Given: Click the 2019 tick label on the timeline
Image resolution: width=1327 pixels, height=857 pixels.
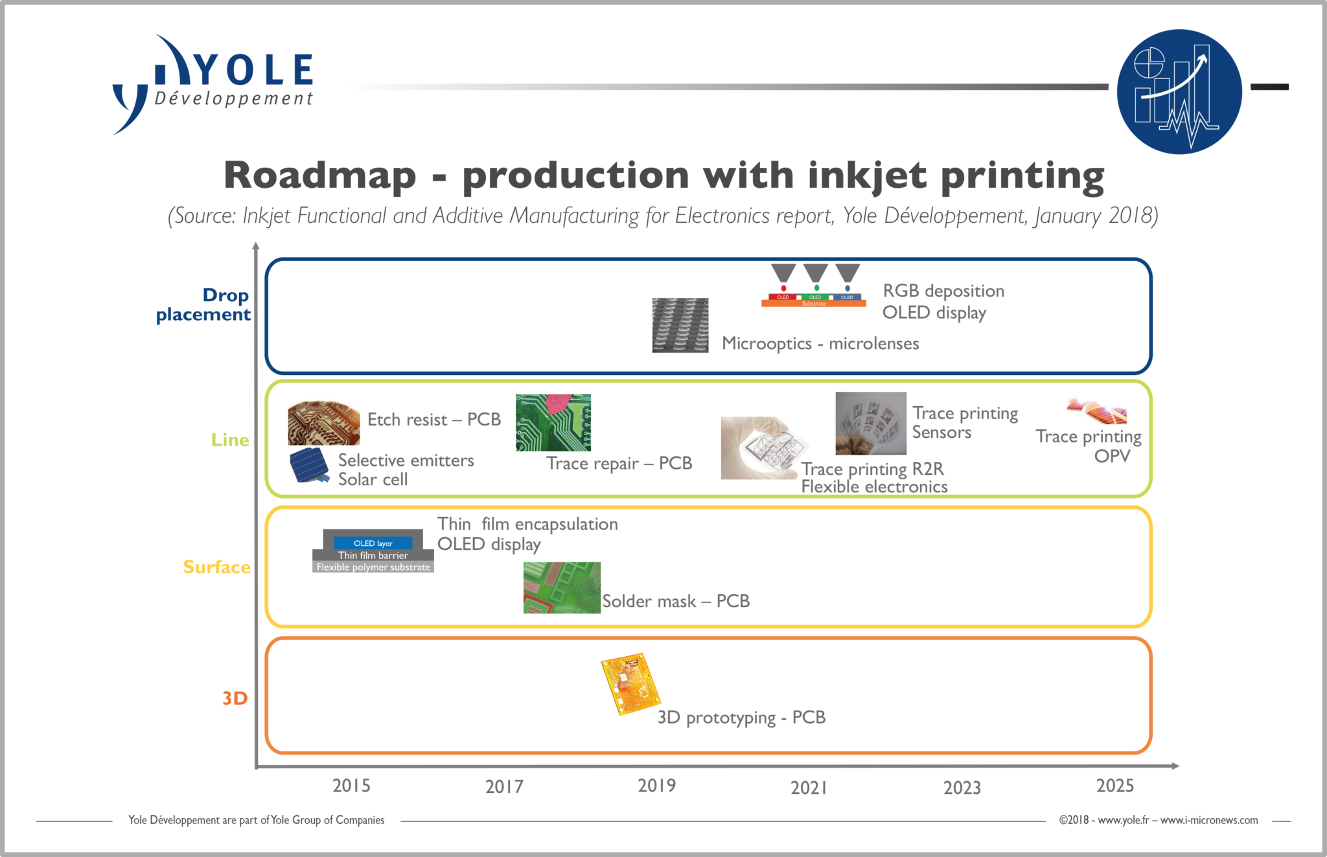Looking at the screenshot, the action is [x=656, y=786].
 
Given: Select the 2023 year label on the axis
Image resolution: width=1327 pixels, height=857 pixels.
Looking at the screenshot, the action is [x=962, y=788].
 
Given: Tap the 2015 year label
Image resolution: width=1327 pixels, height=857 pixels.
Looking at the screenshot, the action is [x=351, y=786].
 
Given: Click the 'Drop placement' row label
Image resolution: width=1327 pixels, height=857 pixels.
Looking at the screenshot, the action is [x=203, y=304].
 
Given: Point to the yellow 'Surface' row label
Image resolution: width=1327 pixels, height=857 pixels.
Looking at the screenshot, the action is [x=216, y=567].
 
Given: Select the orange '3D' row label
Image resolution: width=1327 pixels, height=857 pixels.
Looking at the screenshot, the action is [x=235, y=698].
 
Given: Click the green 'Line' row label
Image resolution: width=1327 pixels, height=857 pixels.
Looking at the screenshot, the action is [x=230, y=440].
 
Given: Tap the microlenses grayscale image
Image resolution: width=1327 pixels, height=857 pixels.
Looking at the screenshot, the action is [x=680, y=325].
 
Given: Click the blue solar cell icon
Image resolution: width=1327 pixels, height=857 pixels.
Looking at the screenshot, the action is [x=309, y=466].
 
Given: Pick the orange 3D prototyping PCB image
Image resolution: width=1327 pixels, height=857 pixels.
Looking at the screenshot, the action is [x=630, y=683].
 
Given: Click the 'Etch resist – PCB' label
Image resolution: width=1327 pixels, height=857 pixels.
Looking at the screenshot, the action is [x=434, y=420].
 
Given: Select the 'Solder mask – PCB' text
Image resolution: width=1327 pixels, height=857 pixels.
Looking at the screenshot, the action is [x=676, y=601].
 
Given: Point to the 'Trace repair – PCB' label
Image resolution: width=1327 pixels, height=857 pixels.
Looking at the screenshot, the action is [x=619, y=463].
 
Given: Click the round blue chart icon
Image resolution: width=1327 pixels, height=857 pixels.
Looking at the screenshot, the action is [x=1179, y=91].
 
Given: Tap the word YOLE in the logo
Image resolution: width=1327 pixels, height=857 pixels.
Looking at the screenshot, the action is [x=255, y=69].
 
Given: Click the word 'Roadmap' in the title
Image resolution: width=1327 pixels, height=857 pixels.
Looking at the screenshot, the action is [x=320, y=175].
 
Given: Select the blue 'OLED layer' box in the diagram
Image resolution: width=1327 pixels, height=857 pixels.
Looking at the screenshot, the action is [x=373, y=543].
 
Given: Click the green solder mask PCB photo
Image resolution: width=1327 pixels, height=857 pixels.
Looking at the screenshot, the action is [x=562, y=588].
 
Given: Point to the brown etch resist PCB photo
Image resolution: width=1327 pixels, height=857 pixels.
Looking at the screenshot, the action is [x=324, y=422].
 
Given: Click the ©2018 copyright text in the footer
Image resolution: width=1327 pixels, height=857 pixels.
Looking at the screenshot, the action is [x=1159, y=820].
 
